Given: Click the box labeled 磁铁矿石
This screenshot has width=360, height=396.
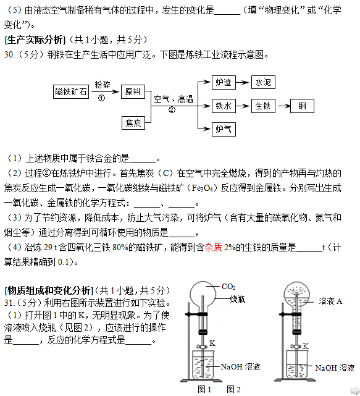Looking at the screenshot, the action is click(x=71, y=92).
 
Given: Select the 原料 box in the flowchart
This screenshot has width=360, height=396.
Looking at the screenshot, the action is click(x=133, y=92).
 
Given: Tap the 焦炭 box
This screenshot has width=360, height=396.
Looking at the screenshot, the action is click(x=133, y=122).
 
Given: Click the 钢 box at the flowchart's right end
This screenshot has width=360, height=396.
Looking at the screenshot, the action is click(x=302, y=106).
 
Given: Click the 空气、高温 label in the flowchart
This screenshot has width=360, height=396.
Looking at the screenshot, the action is click(x=174, y=99).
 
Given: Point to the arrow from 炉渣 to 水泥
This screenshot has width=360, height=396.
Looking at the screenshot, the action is click(x=243, y=82).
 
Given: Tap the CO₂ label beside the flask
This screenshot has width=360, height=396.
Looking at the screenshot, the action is click(x=228, y=287).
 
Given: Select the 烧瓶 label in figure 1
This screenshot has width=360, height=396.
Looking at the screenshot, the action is click(x=238, y=298).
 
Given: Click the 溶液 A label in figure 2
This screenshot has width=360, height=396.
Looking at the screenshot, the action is click(x=330, y=301).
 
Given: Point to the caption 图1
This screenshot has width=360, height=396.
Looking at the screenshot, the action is click(x=204, y=389).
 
